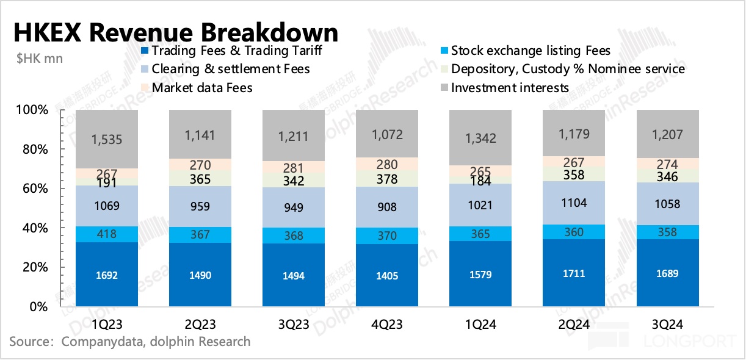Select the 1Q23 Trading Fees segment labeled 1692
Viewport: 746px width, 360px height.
coord(107,275)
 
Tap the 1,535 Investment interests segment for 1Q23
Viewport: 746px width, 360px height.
coord(107,140)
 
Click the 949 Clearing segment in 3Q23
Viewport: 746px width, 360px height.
coord(294,207)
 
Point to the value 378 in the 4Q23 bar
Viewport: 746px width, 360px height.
coord(387,179)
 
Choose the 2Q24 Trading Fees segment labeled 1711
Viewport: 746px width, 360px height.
coord(574,273)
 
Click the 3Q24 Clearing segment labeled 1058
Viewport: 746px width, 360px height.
coord(667,204)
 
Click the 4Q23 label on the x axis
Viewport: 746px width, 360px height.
coord(387,325)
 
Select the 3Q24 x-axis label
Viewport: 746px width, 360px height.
coord(667,325)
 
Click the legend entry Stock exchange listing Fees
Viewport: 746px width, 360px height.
coord(531,51)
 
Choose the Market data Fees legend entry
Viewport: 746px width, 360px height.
coord(202,88)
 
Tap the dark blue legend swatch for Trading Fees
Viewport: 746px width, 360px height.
coord(145,51)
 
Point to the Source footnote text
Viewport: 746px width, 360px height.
coord(129,341)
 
